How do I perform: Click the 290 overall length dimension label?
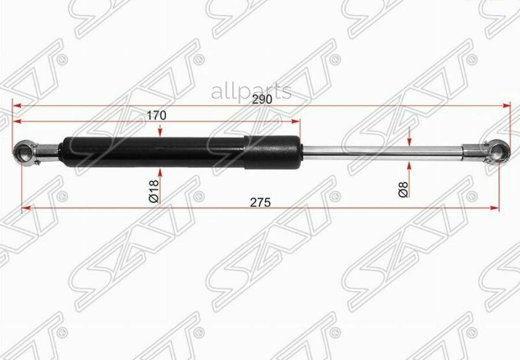pos(262,99)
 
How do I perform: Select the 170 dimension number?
pos(156,115)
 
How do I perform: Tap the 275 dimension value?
pos(261,202)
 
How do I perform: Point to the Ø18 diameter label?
pos(154,190)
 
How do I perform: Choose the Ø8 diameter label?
pos(403,189)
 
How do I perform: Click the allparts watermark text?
pos(251,91)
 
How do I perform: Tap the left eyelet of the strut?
pos(24,151)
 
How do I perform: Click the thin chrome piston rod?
pos(381,151)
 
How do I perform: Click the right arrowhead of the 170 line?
pos(297,121)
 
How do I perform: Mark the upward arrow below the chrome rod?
pos(409,164)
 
